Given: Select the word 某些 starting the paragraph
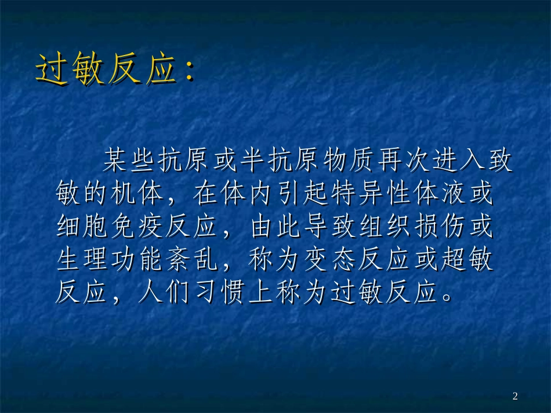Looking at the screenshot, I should tap(129, 162).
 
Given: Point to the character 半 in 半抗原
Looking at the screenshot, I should tap(253, 162).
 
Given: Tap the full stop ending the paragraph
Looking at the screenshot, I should tap(448, 298).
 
